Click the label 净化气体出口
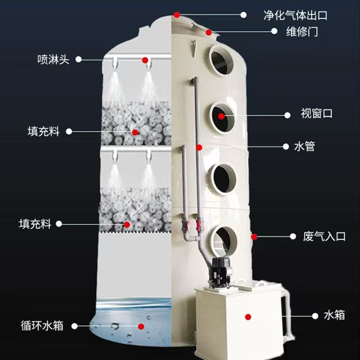tap(295, 15)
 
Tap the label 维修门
tap(302, 31)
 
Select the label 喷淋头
tap(53, 59)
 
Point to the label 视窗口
tap(317, 113)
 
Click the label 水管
tap(304, 146)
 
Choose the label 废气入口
tap(324, 236)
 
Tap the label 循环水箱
tap(42, 326)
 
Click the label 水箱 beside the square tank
tap(334, 315)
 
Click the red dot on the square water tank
tap(248, 317)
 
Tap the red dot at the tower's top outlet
tap(176, 15)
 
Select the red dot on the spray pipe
tap(145, 60)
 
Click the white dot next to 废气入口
tap(293, 236)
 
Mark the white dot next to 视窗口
tap(287, 115)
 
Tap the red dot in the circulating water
tap(141, 327)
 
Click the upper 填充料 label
tap(44, 131)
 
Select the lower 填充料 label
tap(35, 224)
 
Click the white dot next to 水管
tap(286, 147)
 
